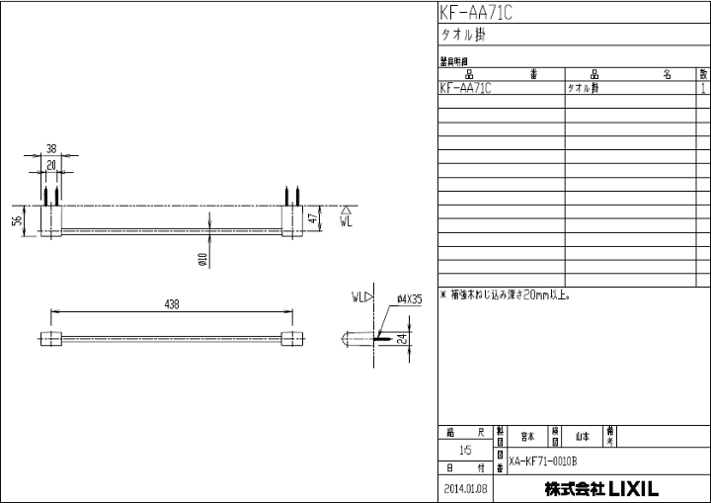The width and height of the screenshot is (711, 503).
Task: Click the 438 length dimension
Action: pos(172,306)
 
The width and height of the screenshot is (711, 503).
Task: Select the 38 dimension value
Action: pos(51,149)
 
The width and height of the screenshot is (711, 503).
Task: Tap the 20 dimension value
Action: pos(51,166)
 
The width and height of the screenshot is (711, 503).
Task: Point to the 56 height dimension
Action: pos(17,220)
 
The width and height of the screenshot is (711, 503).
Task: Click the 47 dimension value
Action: pos(313,219)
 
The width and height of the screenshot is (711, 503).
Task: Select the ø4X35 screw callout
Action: pos(409,297)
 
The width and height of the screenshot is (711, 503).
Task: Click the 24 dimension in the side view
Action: pos(403,338)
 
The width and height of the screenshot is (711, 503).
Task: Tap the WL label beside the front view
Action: pos(345,222)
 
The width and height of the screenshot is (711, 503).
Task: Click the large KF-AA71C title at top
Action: pos(476,13)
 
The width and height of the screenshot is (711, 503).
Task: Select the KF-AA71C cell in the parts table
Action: pos(465,88)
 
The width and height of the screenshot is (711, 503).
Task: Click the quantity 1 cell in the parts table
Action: pos(702,88)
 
